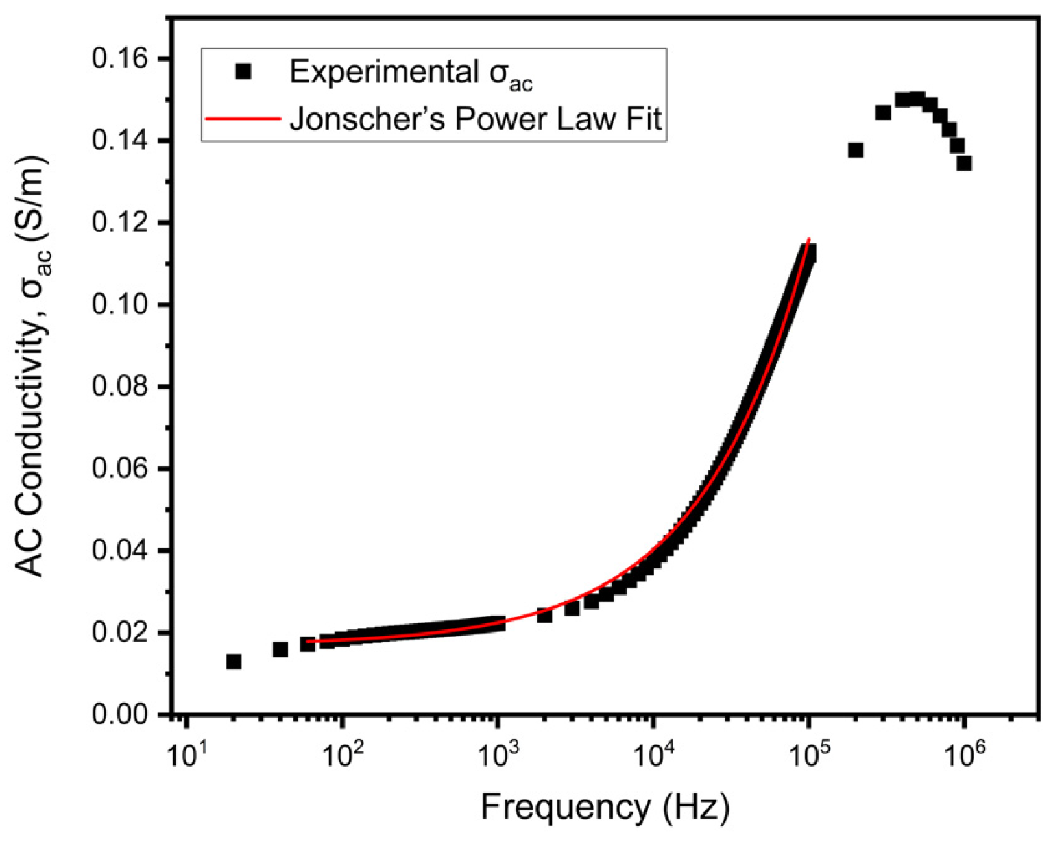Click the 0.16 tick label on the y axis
pos(119,59)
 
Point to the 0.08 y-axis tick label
pos(119,387)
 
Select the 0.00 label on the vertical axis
pos(119,714)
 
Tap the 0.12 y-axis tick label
pos(119,223)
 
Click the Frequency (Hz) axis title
pos(605,807)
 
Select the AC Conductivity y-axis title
pos(31,366)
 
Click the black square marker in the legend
pos(243,71)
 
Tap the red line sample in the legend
pos(243,119)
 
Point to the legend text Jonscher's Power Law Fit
pos(475,119)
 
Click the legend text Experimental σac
pos(411,73)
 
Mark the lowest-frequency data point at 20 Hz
pos(233,662)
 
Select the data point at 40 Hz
pos(280,649)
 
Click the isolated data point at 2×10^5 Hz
pos(855,150)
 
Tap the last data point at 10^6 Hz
pos(964,163)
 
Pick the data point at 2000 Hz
pos(544,616)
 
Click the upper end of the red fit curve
pos(809,239)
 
